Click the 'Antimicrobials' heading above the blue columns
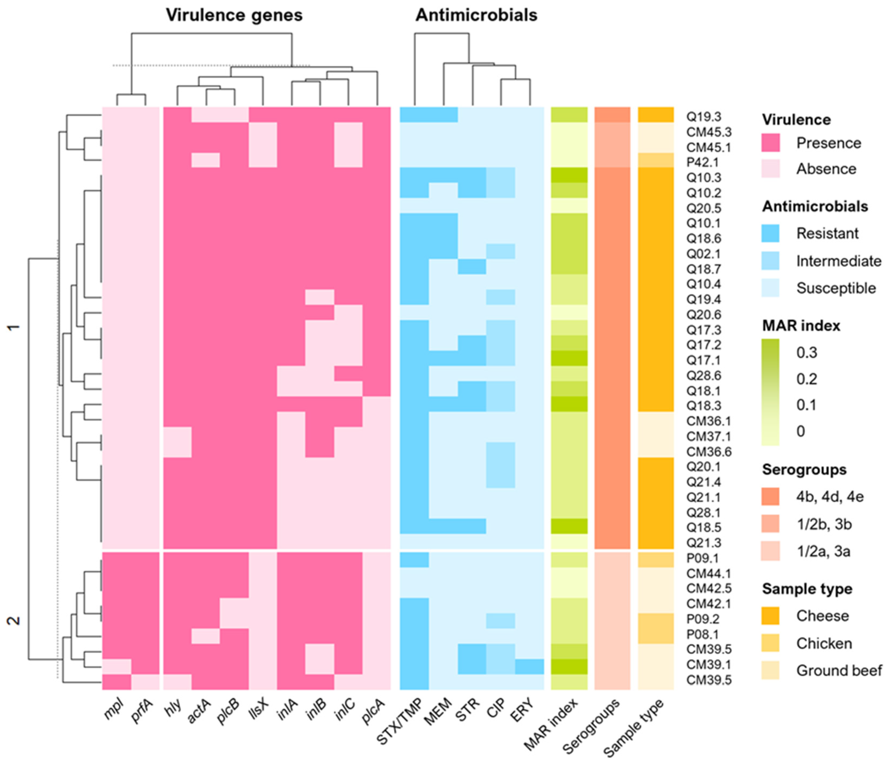click(x=476, y=15)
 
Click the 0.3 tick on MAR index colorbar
click(x=806, y=353)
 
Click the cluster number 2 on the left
click(x=14, y=621)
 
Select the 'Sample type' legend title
click(x=807, y=589)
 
